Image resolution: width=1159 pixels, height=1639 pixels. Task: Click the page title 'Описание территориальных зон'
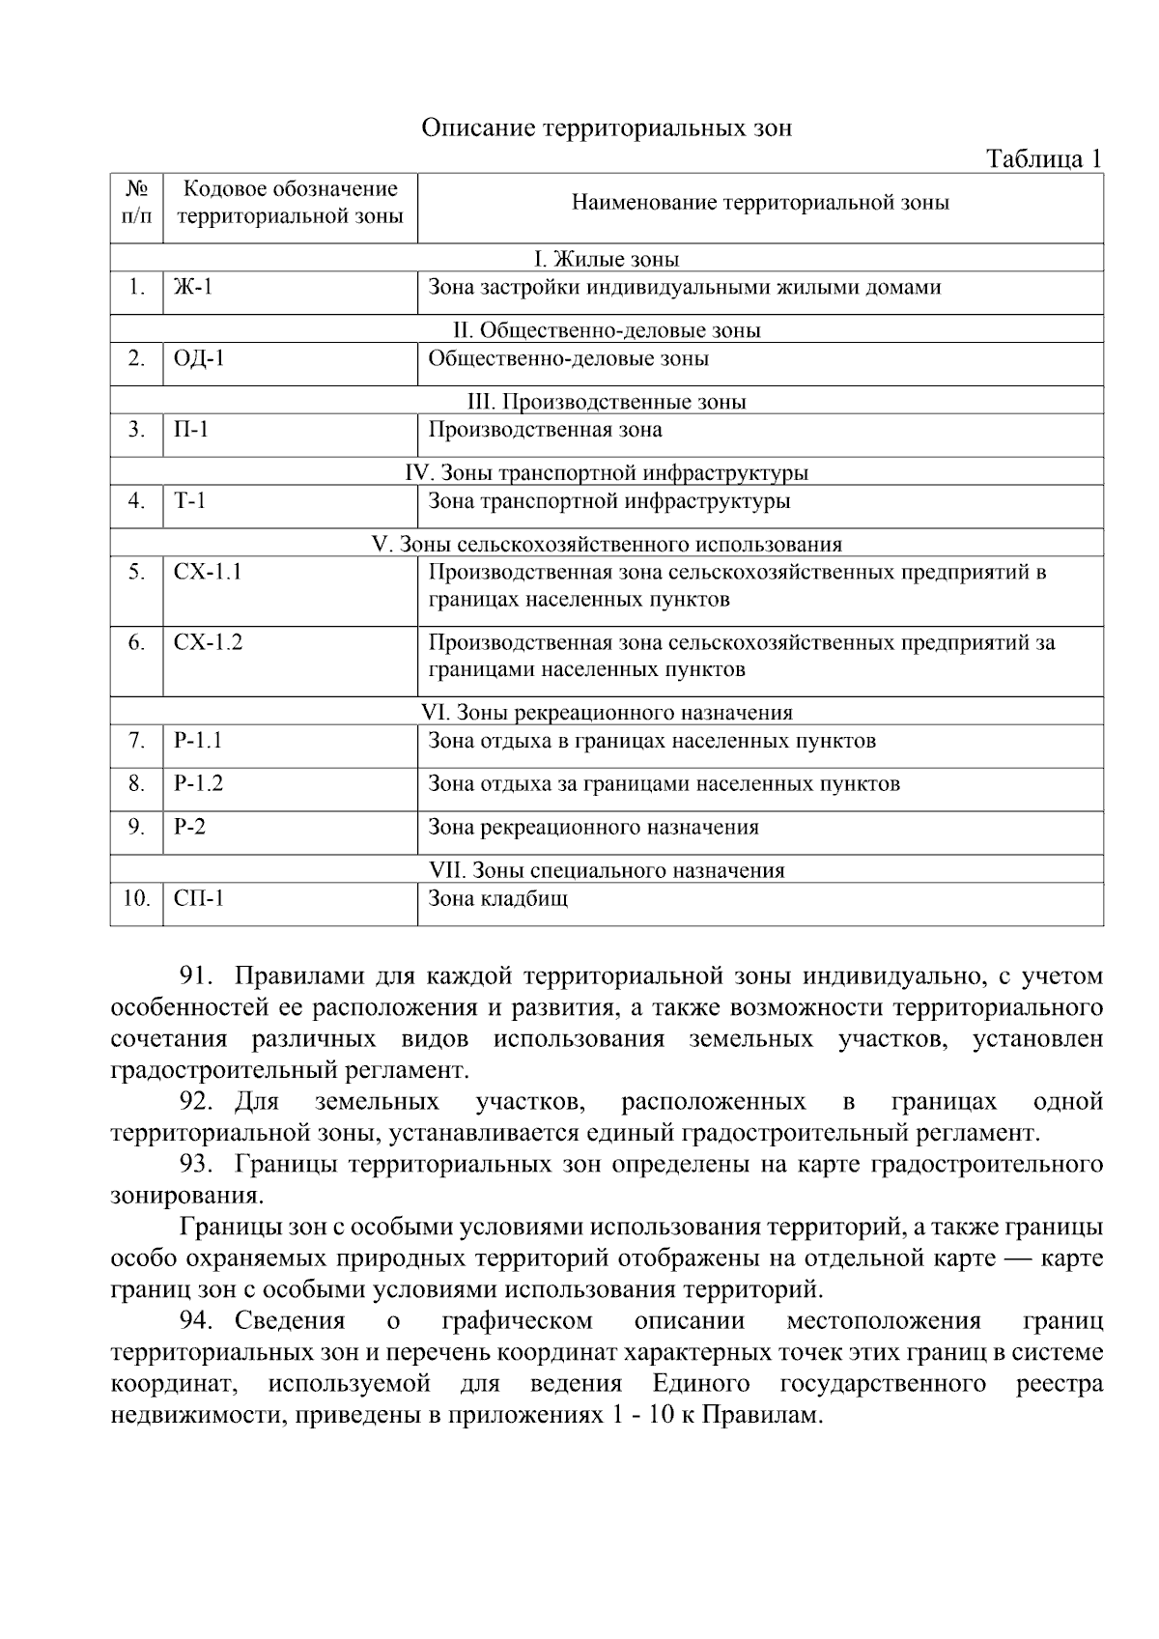pyautogui.click(x=606, y=128)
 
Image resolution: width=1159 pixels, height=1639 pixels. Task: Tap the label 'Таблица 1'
pyautogui.click(x=1043, y=159)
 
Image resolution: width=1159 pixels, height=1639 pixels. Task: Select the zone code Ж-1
pyautogui.click(x=192, y=287)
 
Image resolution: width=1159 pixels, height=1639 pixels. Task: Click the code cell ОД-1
pyautogui.click(x=199, y=358)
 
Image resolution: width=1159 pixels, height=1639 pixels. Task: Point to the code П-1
pyautogui.click(x=191, y=430)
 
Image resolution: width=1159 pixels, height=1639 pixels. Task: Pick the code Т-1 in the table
pyautogui.click(x=189, y=501)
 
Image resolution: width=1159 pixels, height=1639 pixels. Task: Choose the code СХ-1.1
pyautogui.click(x=208, y=572)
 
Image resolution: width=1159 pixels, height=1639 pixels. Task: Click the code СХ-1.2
pyautogui.click(x=208, y=642)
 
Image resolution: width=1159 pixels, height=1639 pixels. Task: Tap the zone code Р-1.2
pyautogui.click(x=198, y=783)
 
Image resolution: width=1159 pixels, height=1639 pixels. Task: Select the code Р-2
pyautogui.click(x=189, y=827)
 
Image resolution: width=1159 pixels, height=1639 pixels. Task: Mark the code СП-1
pyautogui.click(x=199, y=898)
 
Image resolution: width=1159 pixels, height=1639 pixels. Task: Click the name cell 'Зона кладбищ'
pyautogui.click(x=498, y=898)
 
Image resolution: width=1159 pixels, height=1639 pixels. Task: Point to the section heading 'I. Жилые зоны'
pyautogui.click(x=607, y=259)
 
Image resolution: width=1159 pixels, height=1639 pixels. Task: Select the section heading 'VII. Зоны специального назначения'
pyautogui.click(x=607, y=870)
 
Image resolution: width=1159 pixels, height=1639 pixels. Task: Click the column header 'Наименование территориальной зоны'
pyautogui.click(x=760, y=202)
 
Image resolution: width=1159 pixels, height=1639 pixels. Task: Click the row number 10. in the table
pyautogui.click(x=136, y=898)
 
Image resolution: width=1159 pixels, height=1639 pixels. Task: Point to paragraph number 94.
pyautogui.click(x=201, y=1321)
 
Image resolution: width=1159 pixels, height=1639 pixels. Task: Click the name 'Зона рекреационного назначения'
pyautogui.click(x=593, y=827)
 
